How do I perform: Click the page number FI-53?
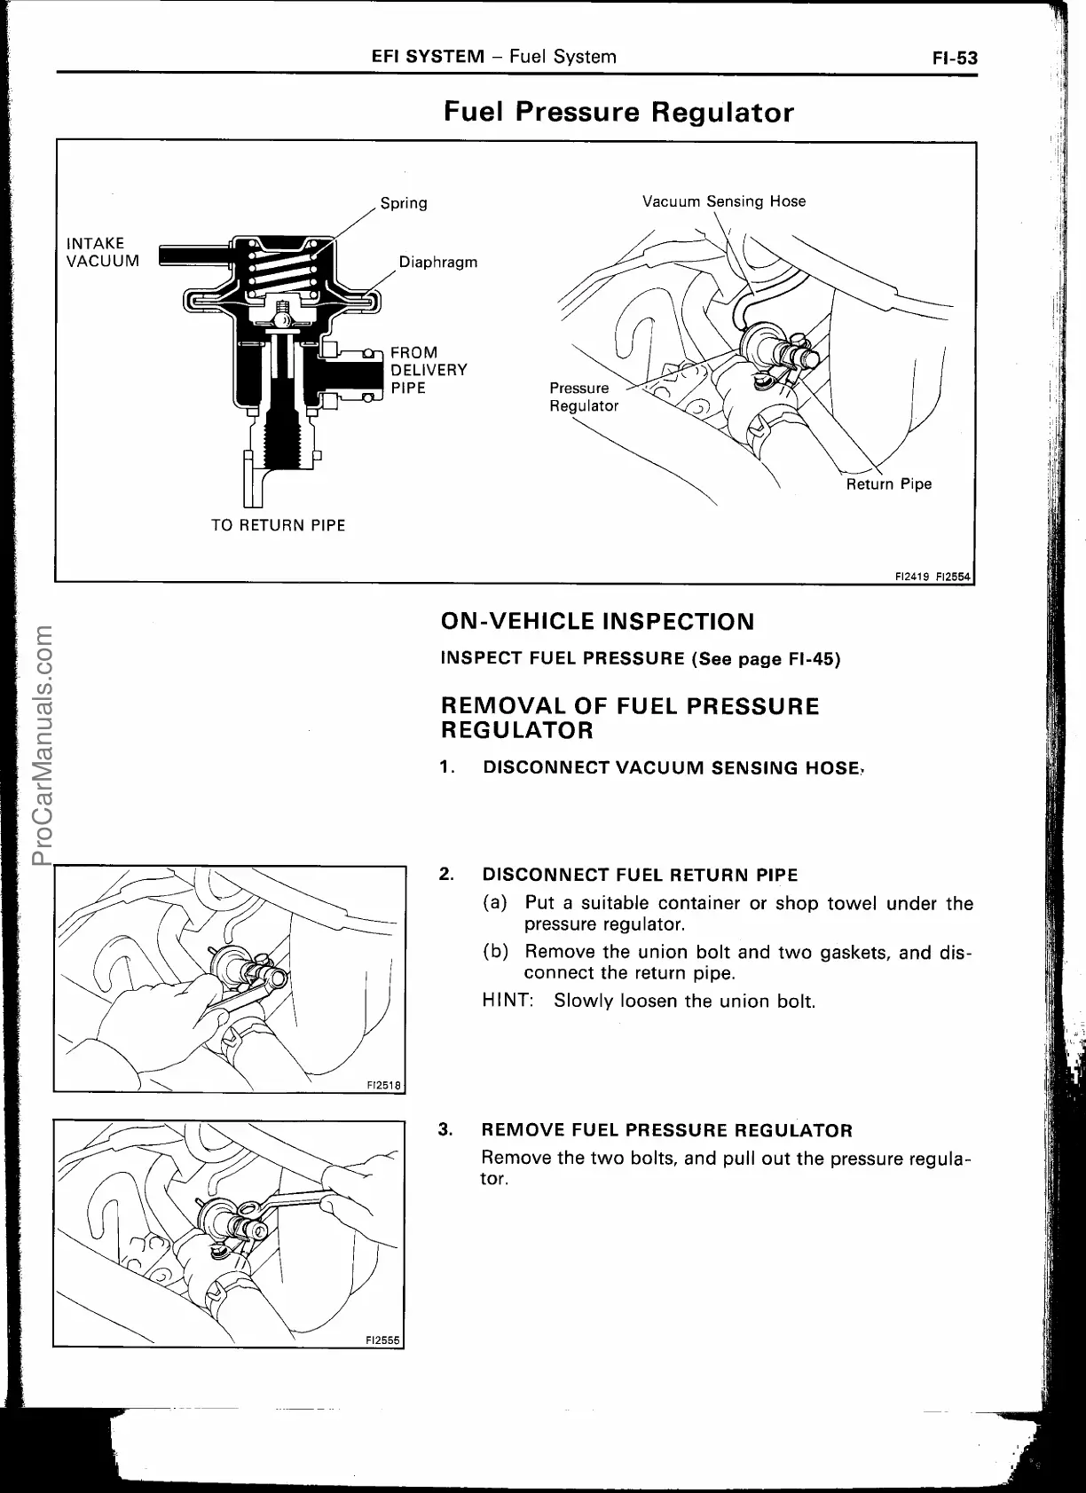[x=954, y=59]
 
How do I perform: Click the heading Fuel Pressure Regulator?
[x=618, y=113]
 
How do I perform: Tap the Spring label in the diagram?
[x=404, y=203]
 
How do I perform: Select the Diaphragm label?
[x=437, y=262]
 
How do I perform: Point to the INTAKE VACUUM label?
[x=103, y=252]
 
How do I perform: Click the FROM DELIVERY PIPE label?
[x=429, y=370]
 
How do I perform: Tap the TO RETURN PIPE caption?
[x=278, y=525]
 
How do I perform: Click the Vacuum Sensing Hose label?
[x=723, y=201]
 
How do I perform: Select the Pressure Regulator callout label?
[x=583, y=397]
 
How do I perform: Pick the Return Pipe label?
[x=888, y=484]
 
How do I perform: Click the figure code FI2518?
[x=384, y=1085]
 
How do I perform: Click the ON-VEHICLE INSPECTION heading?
[x=597, y=621]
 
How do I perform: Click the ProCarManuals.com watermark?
[x=42, y=746]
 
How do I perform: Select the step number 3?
[x=446, y=1130]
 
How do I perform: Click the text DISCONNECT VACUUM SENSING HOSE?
[x=672, y=768]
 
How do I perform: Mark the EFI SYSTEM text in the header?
[x=428, y=58]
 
